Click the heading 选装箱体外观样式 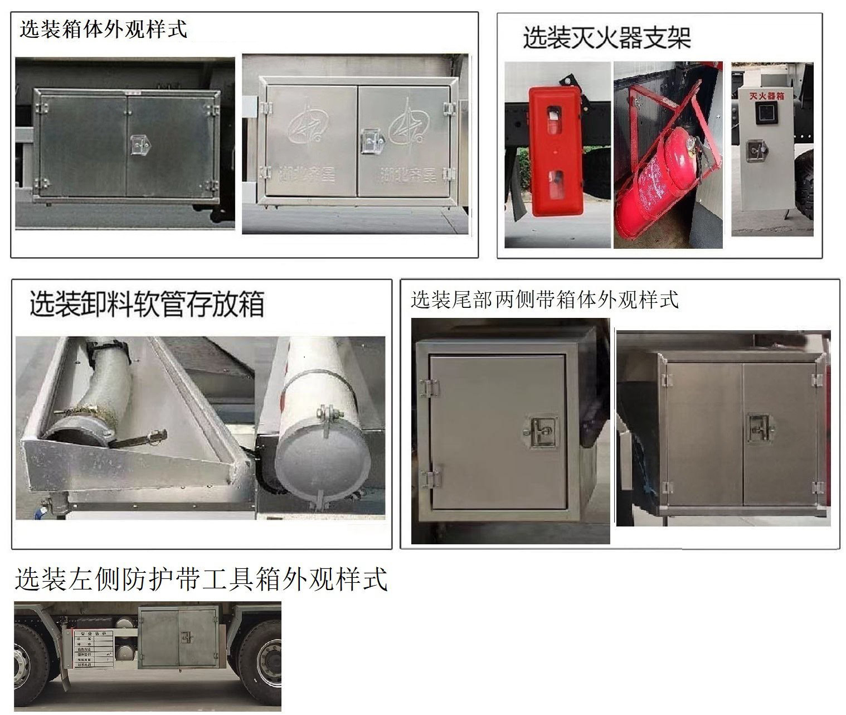(x=104, y=30)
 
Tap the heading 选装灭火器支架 (x=606, y=38)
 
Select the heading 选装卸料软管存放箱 (x=147, y=303)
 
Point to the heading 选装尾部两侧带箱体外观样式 (x=544, y=299)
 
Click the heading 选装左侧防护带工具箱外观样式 (x=201, y=579)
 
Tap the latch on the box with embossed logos (x=371, y=141)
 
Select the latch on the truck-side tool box (x=186, y=637)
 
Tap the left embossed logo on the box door (x=306, y=129)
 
